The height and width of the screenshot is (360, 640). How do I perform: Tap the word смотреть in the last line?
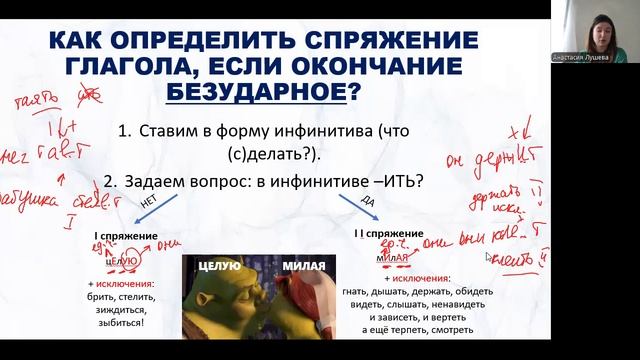[x=449, y=330]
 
